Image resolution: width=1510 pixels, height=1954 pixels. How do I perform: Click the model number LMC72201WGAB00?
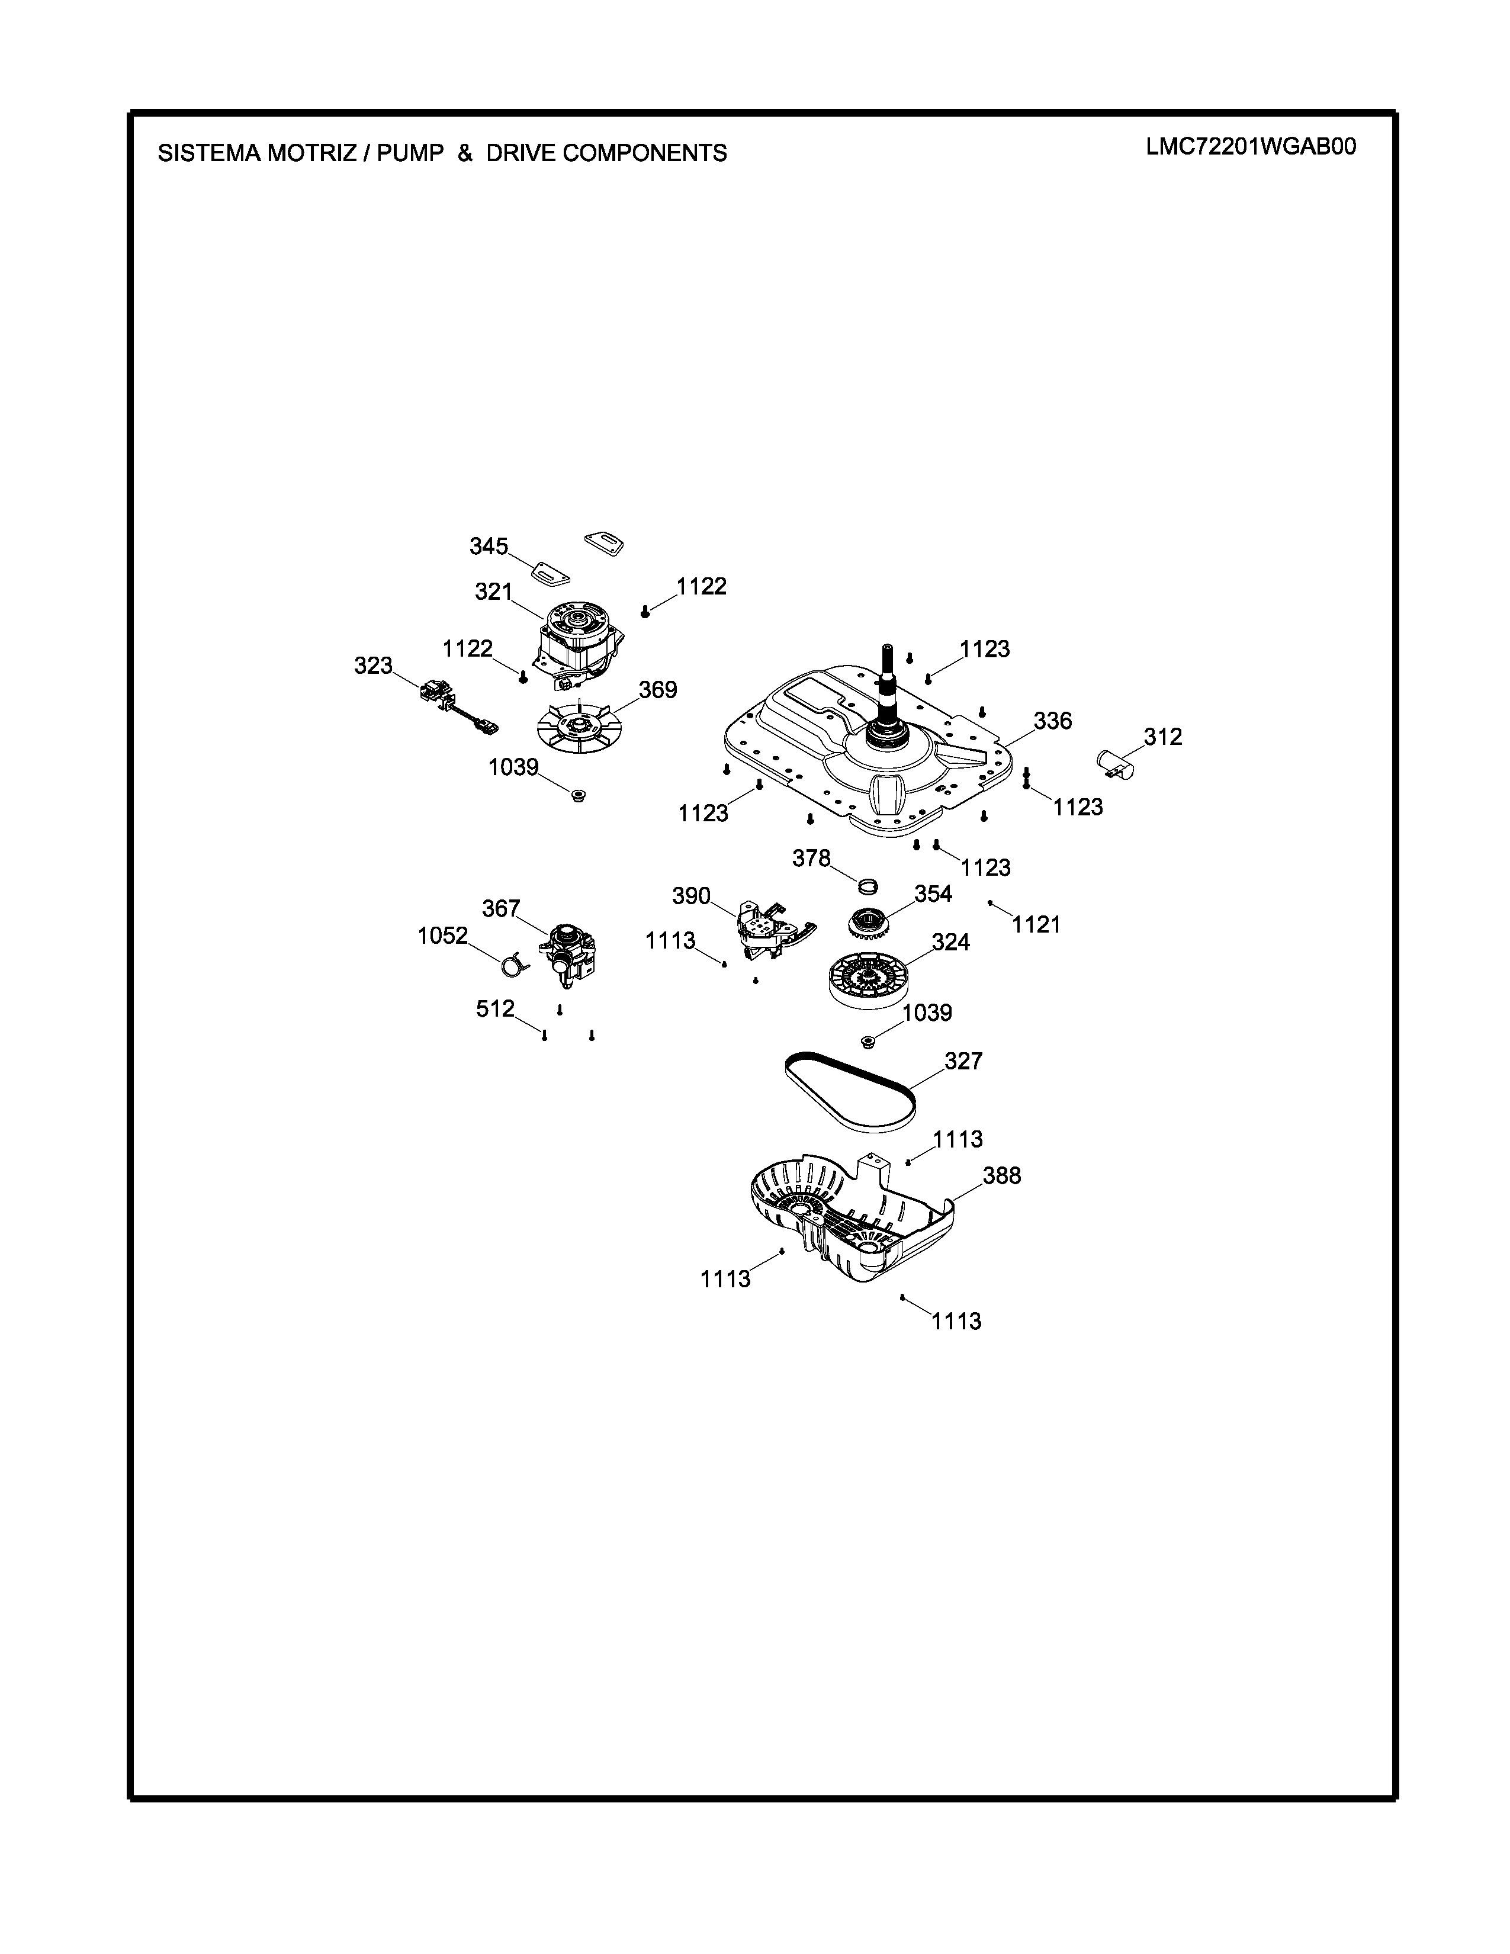point(1251,147)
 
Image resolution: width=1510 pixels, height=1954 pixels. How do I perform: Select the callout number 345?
point(489,546)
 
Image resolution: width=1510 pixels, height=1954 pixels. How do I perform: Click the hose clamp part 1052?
point(513,965)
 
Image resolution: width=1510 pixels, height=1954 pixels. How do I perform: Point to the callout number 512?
point(494,1008)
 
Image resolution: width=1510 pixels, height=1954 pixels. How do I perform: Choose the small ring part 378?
point(867,886)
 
